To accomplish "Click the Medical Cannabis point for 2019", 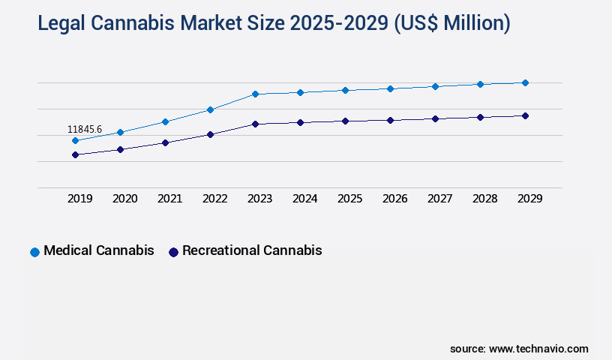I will (x=75, y=140).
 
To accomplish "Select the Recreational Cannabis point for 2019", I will (x=75, y=154).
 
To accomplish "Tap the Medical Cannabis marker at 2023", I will (x=255, y=94).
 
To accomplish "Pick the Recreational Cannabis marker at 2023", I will (x=255, y=124).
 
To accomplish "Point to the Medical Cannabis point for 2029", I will (x=525, y=82).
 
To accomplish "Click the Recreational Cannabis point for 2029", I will (x=525, y=115).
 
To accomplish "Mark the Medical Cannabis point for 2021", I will (x=165, y=121).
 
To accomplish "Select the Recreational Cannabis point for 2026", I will (x=390, y=120).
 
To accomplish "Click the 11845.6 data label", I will (x=85, y=129).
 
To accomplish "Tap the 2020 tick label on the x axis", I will (x=125, y=199).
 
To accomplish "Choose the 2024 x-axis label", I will (x=305, y=199).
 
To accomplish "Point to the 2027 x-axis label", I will (x=440, y=199).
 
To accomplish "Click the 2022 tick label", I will (x=215, y=199).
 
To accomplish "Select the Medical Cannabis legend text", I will (x=99, y=250).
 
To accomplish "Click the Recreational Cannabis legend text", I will (x=252, y=250).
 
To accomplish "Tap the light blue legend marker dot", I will (x=34, y=252).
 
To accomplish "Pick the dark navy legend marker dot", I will (x=173, y=252).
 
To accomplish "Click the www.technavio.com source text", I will (x=538, y=349).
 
